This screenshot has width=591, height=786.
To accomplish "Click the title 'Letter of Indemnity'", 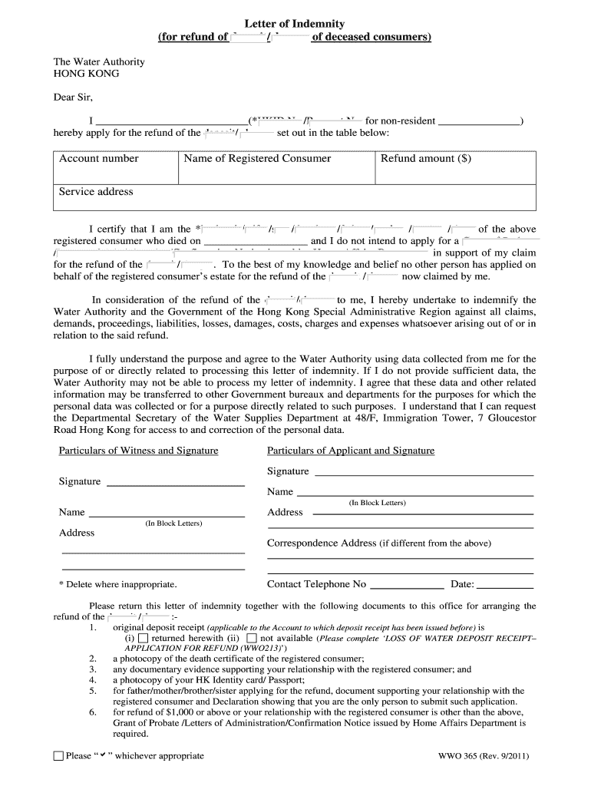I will point(295,24).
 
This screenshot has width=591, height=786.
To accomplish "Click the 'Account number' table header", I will point(99,159).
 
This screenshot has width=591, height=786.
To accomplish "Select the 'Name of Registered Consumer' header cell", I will point(257,159).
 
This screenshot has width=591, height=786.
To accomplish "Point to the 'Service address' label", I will point(96,192).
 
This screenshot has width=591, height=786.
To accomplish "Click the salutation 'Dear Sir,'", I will point(72,97).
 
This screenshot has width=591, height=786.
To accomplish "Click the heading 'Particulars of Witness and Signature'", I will point(138,451).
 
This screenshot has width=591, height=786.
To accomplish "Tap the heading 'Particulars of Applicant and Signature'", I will point(351,451).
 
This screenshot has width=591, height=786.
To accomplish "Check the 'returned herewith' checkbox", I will point(144,638).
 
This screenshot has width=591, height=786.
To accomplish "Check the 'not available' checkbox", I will point(252,638).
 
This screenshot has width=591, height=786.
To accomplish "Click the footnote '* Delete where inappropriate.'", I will point(117,584).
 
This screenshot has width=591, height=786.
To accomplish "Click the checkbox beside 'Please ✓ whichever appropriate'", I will point(58,756).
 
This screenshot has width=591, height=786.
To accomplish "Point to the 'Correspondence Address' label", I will point(322,543).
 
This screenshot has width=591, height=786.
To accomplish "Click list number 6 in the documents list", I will point(93,712).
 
